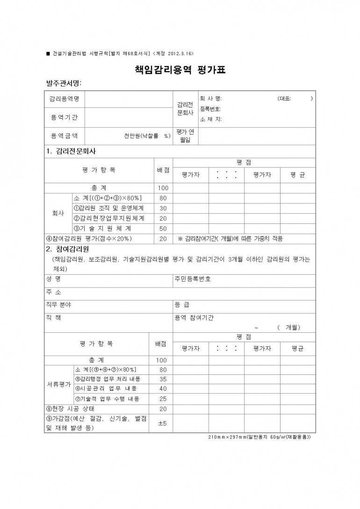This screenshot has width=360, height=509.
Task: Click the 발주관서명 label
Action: pos(64,83)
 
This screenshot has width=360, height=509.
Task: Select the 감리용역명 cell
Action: pos(65,99)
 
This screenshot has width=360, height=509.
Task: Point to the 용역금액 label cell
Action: pos(65,136)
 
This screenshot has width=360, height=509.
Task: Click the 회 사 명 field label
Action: pos(211,99)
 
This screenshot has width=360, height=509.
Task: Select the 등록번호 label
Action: pos(210,109)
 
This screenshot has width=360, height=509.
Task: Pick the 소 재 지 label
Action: pos(211,119)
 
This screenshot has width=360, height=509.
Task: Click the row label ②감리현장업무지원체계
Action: pos(109,218)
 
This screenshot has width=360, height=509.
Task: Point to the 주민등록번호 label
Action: pos(193,279)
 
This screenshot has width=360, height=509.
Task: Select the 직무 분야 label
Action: pos(58,305)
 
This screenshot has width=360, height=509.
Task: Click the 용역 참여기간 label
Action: pos(194,317)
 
